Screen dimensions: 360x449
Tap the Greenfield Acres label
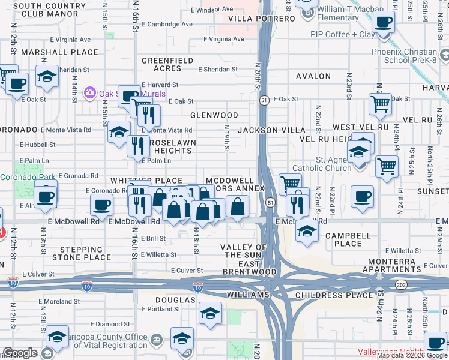point(167,65)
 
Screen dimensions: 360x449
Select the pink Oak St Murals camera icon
point(90,93)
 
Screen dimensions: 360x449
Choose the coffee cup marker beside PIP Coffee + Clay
point(383,23)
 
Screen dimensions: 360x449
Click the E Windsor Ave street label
point(211,10)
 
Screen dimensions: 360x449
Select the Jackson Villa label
point(267,130)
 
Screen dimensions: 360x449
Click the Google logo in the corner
point(19,353)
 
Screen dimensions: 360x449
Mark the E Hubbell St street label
point(37,145)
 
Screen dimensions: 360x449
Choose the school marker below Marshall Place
point(46,77)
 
